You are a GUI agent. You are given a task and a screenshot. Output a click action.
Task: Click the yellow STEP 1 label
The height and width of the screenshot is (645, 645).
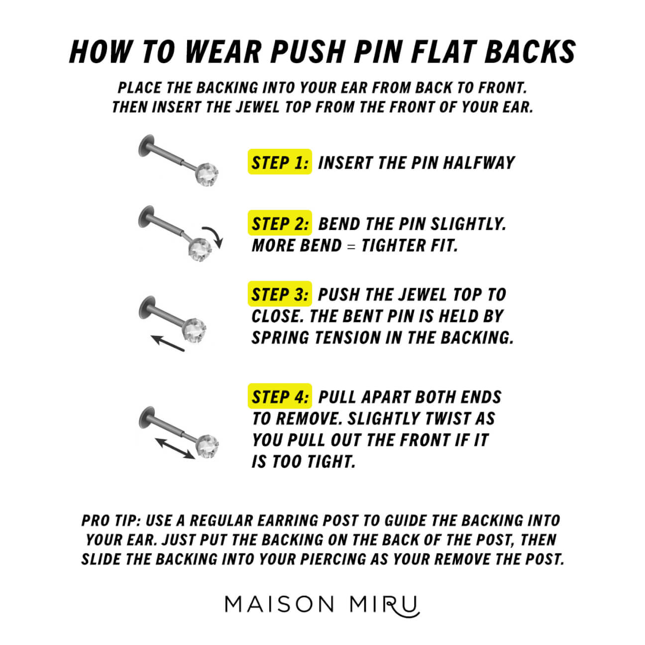280,162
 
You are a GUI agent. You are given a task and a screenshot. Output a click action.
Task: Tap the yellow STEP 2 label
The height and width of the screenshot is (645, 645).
280,223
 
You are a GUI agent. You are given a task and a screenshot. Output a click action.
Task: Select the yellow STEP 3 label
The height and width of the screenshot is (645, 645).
280,294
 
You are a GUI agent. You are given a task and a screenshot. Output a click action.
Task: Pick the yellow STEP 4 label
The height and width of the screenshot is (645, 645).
280,397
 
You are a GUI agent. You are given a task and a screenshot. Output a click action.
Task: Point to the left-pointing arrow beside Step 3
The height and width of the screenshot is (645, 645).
168,343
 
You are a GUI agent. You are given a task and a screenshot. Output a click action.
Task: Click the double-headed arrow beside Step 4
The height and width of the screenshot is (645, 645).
174,448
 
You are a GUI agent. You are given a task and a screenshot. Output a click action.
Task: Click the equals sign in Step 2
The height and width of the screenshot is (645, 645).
351,246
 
